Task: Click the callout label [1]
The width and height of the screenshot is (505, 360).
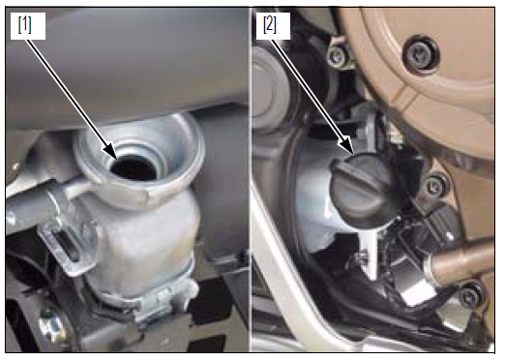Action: tap(25, 25)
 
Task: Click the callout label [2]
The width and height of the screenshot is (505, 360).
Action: tap(270, 25)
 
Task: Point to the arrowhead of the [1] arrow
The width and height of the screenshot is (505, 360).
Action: tap(110, 151)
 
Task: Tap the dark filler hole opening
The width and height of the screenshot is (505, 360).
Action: tap(134, 167)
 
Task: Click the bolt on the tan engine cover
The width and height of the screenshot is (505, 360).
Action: tap(421, 54)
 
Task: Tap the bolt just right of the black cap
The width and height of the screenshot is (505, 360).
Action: tap(434, 186)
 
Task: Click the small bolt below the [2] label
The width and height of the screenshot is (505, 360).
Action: tap(338, 57)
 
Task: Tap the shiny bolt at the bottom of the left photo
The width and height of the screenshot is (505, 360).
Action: tap(51, 326)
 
